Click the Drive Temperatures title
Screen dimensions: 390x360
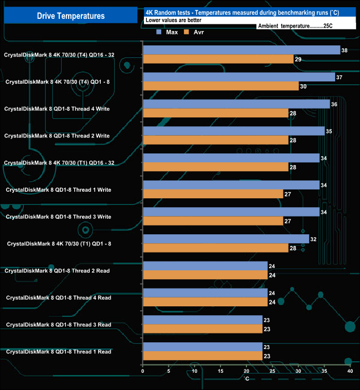70,16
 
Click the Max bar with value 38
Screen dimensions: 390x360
241,50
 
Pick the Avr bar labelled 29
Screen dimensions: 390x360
218,59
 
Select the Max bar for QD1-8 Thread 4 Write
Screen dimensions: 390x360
236,104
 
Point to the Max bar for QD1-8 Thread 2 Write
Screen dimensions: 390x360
233,131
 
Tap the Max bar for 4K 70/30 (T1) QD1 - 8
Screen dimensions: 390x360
225,239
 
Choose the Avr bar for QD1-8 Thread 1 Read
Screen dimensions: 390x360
202,356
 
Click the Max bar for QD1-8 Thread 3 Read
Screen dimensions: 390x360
202,320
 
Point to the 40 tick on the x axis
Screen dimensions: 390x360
350,371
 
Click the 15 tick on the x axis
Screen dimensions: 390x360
220,371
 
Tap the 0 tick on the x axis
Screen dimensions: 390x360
143,371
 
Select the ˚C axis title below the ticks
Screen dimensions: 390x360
246,378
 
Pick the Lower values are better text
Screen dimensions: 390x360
173,20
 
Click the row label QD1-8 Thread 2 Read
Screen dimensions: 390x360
58,271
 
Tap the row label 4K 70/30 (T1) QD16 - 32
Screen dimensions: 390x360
59,163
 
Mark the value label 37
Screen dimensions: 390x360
340,77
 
